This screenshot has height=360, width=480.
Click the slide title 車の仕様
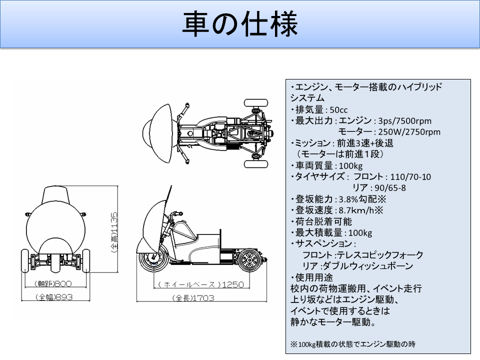coord(239,24)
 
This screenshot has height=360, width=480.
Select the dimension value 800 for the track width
coord(63,283)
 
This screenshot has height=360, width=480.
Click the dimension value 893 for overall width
coord(63,297)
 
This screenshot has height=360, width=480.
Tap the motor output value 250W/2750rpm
coord(409,131)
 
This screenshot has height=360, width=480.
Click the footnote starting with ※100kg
coord(353,344)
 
